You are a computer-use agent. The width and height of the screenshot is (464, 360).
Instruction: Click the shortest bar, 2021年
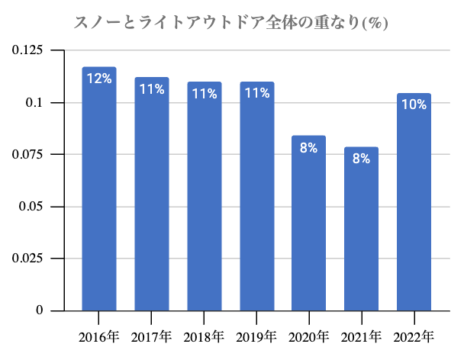(362, 229)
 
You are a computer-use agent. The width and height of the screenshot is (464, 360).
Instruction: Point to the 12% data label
(99, 78)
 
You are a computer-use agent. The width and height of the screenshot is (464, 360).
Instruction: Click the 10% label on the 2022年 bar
(414, 104)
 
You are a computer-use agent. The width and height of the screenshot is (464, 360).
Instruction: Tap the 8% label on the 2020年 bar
(309, 148)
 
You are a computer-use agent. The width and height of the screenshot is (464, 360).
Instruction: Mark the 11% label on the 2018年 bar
(205, 94)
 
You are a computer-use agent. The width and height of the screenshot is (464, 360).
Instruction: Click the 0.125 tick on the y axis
(27, 50)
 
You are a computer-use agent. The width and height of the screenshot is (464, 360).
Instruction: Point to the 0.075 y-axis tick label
(27, 155)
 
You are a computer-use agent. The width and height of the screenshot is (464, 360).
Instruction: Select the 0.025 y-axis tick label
(27, 259)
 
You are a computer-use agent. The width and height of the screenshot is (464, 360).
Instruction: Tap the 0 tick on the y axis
(39, 310)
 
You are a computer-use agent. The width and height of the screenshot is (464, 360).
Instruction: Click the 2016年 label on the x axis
(99, 336)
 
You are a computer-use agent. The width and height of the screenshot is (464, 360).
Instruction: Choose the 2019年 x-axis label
(257, 336)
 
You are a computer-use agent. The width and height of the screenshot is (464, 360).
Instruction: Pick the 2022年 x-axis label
(414, 336)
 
